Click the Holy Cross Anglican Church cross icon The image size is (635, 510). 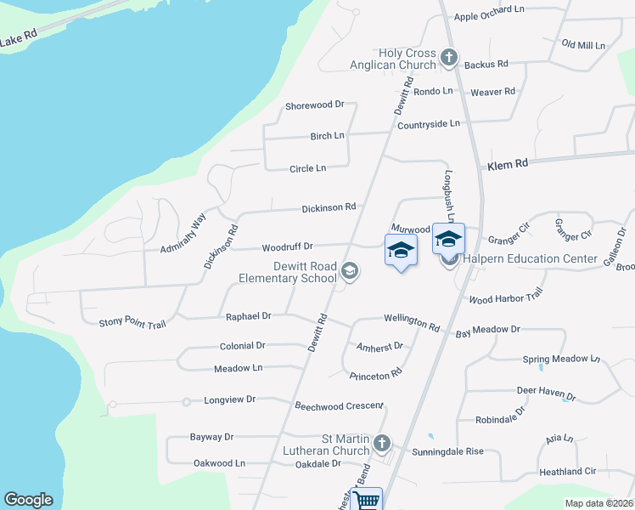coord(449,59)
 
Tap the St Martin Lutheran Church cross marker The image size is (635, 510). coord(382,443)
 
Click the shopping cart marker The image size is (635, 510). coord(368,500)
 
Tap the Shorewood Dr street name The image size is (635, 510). coord(314,105)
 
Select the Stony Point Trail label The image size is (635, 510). coord(132,322)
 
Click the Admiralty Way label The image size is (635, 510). coord(183,233)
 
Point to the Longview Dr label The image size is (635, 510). coord(229,399)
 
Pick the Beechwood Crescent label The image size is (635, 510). coord(339,406)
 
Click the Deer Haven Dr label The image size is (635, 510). coord(546,394)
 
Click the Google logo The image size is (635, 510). coord(28,500)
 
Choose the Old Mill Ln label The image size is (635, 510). coord(583,44)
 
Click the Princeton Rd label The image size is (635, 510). coord(375,374)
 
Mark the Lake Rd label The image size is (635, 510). coord(19,38)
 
